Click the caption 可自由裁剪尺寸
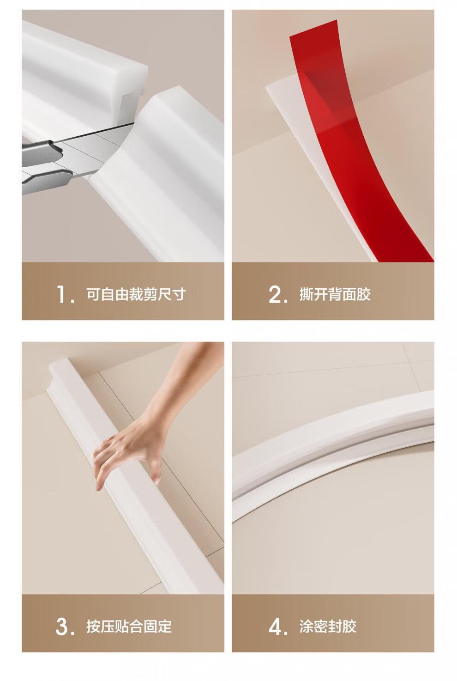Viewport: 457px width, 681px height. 136,294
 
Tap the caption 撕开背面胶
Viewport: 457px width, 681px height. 335,294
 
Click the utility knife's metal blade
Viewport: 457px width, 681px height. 94,149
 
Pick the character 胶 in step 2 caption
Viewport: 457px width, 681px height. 364,294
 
